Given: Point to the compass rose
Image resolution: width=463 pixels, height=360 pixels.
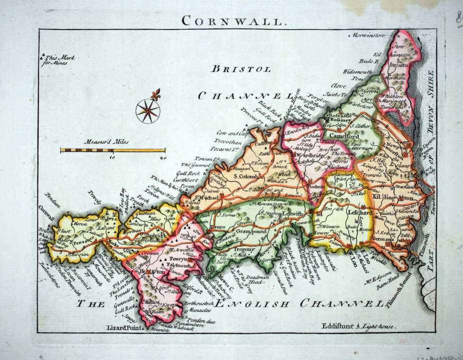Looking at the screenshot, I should pos(148,110).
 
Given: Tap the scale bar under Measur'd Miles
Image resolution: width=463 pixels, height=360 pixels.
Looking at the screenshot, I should pos(113,150).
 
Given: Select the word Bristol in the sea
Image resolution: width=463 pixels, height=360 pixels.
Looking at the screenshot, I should pos(241,70).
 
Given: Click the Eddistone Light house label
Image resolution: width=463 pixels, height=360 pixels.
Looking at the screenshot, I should pos(359,325).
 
